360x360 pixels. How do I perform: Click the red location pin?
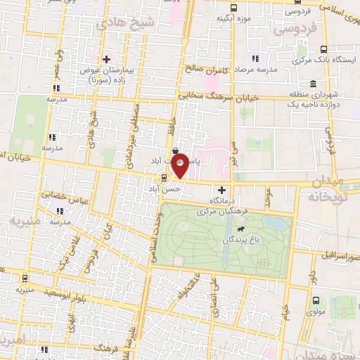click(x=181, y=165)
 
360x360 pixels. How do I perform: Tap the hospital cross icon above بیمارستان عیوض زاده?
click(x=106, y=59)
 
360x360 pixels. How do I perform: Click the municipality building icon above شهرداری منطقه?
click(x=313, y=84)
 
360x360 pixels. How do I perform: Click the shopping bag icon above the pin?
click(x=175, y=150)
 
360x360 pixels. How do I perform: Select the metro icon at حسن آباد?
click(x=164, y=179)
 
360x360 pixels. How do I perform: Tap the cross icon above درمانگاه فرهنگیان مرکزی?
click(x=223, y=189)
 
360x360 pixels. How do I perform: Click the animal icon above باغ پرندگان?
click(x=240, y=229)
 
